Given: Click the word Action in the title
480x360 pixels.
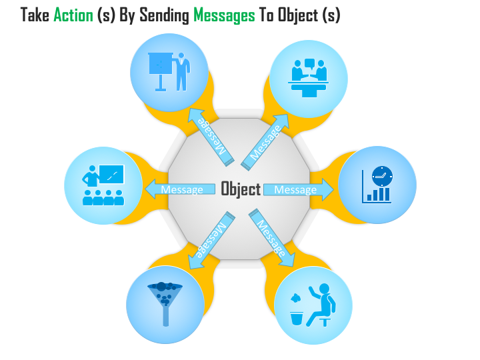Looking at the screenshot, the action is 73,15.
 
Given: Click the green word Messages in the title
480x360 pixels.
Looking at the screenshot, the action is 223,15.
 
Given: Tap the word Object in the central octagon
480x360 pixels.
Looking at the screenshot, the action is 241,189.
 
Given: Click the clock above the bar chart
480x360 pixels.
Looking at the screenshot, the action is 383,175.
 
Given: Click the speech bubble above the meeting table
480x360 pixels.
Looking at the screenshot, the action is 309,64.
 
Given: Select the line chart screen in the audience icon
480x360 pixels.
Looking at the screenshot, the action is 111,175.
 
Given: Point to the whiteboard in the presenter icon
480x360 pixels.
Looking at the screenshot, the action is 160,65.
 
